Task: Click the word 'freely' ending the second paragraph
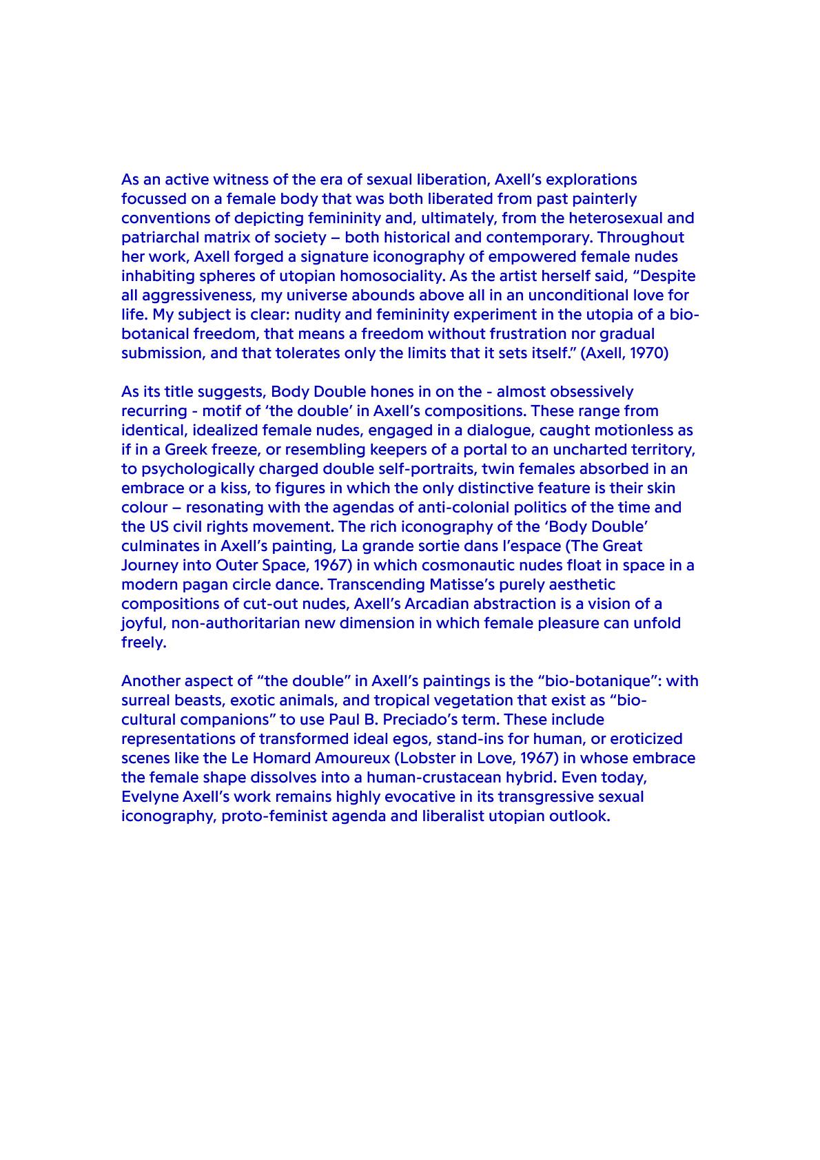[143, 643]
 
